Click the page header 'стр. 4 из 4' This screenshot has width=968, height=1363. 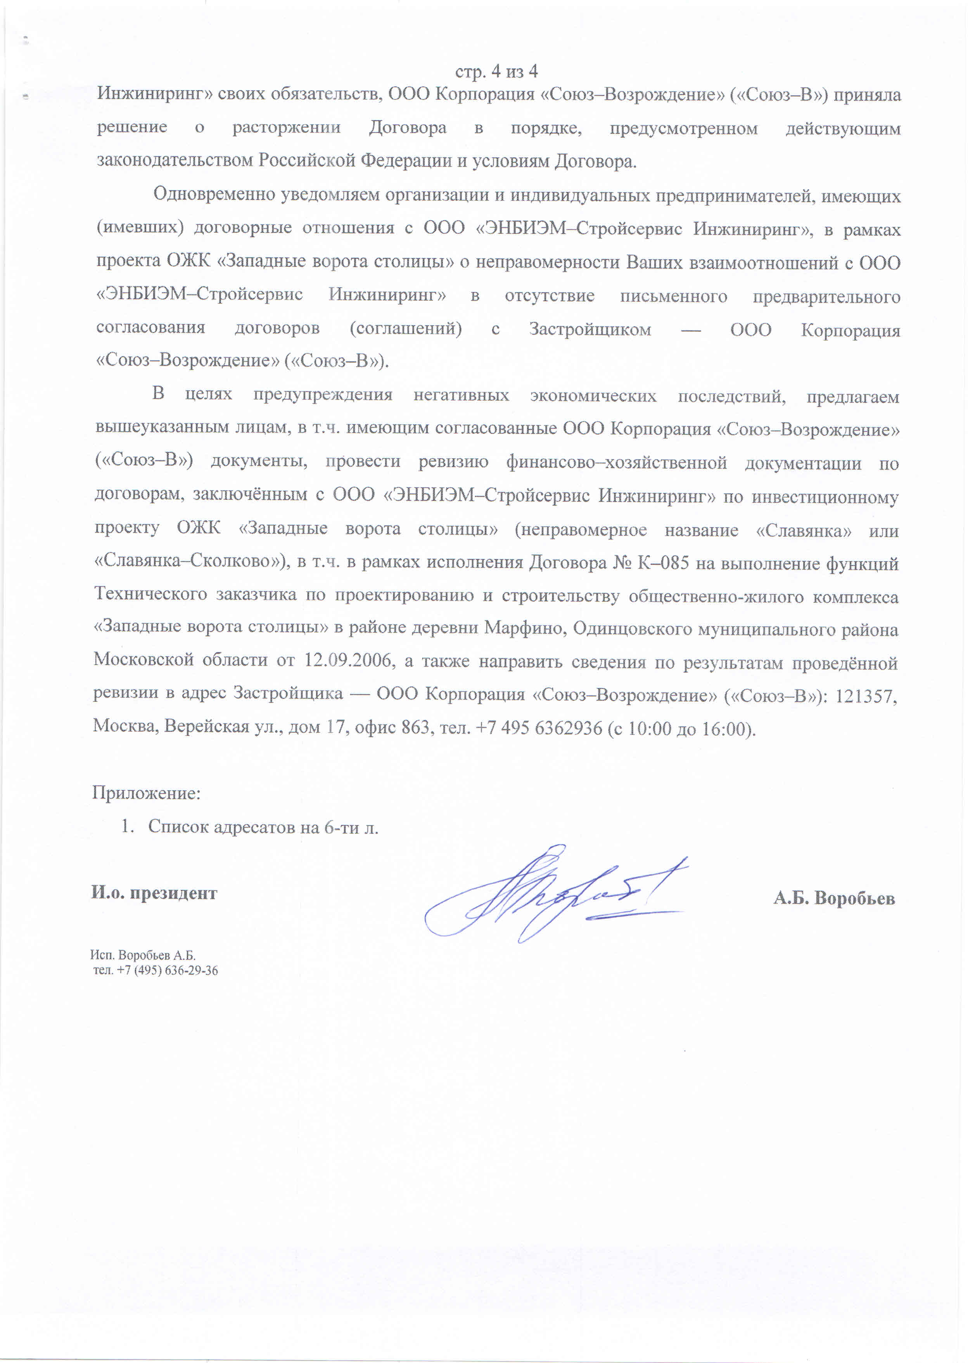[x=496, y=71]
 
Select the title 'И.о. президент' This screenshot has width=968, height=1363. [x=154, y=893]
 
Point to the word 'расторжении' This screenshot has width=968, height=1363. [x=286, y=128]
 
